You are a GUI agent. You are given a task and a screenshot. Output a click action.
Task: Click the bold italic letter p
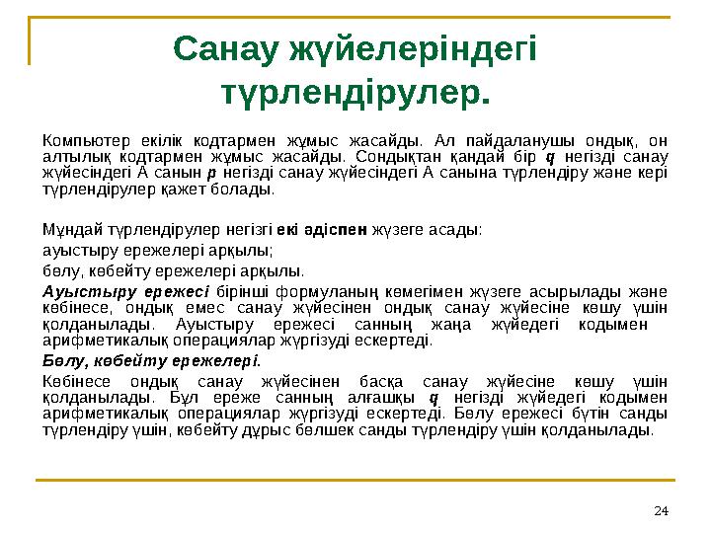pos(209,174)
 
